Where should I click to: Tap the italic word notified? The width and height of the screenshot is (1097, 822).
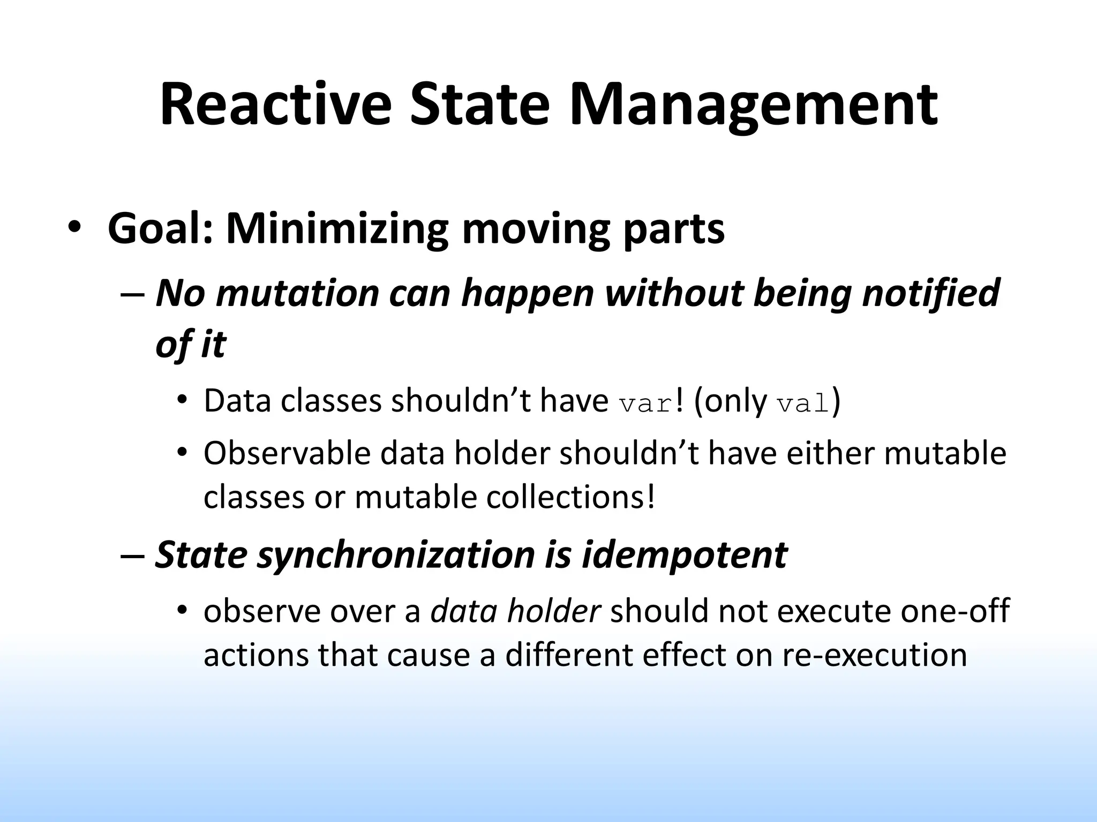tap(931, 293)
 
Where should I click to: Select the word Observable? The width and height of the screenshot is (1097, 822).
tap(287, 453)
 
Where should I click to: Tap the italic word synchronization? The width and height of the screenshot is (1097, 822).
tap(396, 554)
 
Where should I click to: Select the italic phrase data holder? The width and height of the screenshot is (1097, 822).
tap(515, 611)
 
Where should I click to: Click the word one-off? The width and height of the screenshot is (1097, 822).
tap(955, 611)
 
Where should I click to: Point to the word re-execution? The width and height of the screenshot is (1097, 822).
tap(874, 654)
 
